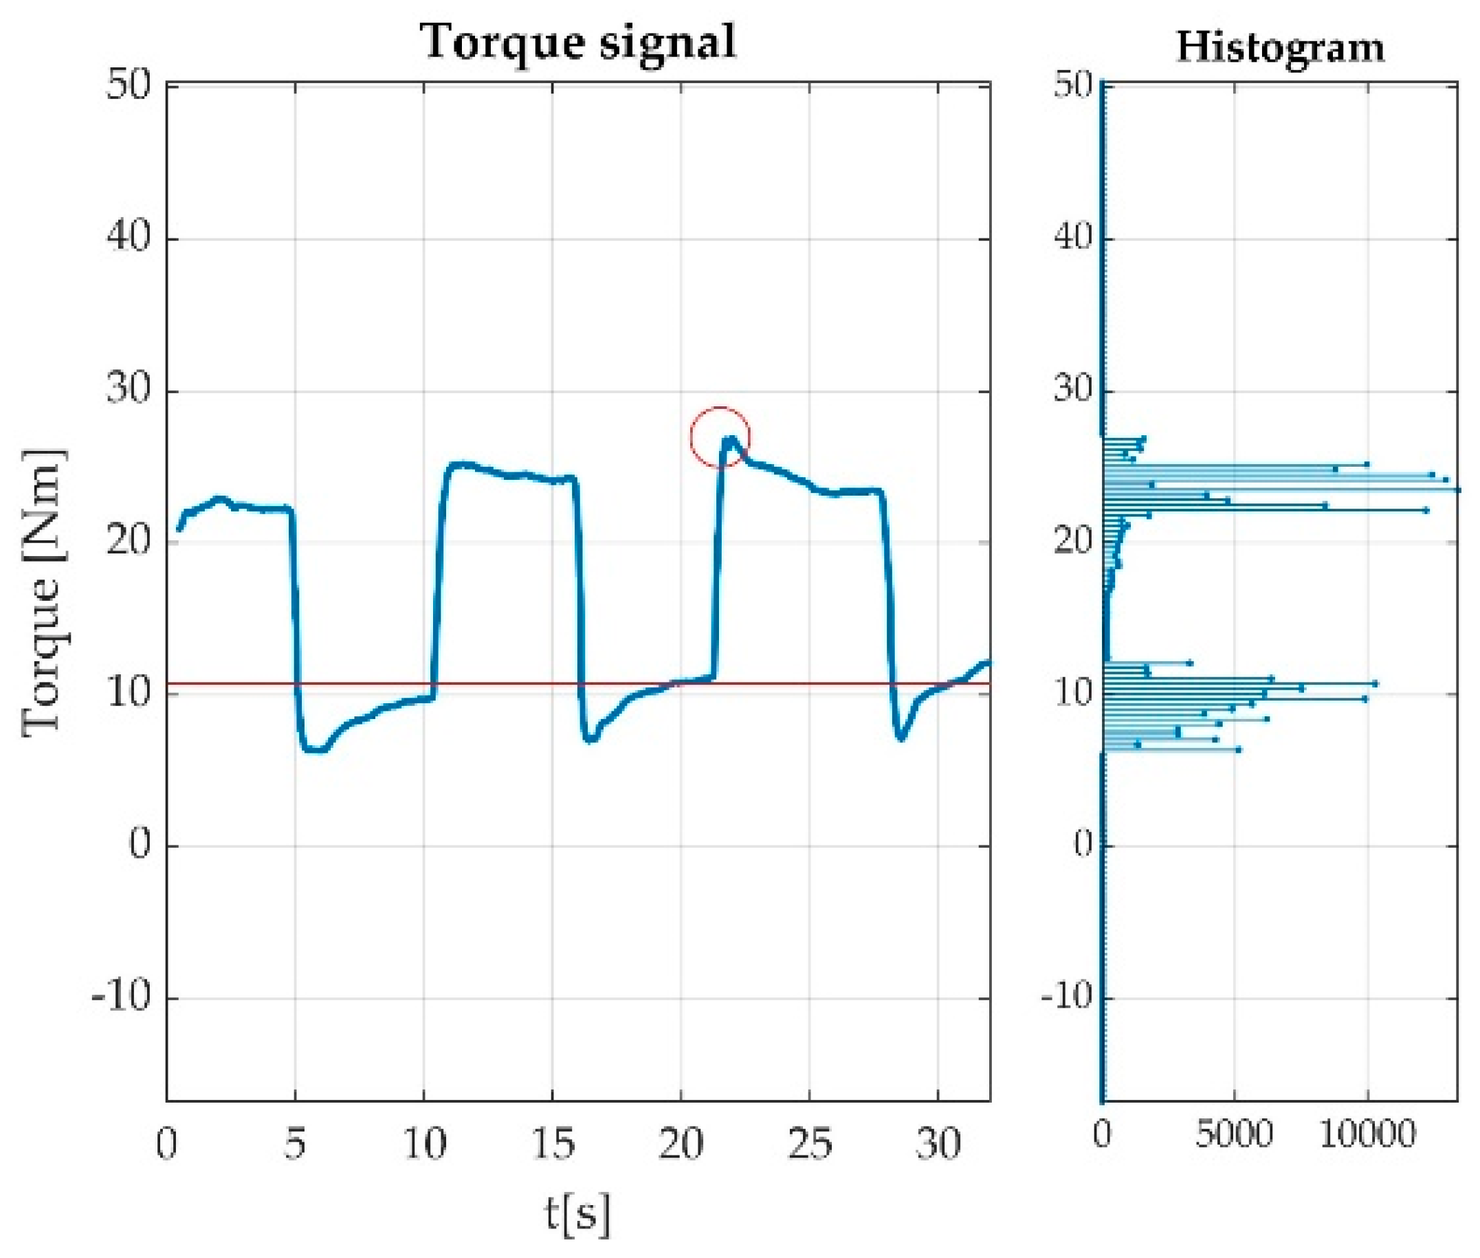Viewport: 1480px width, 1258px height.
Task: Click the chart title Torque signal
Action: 577,41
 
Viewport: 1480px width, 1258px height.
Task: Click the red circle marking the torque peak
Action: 720,437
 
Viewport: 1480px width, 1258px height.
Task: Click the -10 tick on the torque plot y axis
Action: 122,996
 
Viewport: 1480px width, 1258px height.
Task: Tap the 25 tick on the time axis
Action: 810,1144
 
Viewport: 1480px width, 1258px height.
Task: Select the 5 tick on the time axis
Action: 295,1144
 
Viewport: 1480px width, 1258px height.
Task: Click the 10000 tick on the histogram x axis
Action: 1367,1134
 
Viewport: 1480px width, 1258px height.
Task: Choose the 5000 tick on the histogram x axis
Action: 1234,1134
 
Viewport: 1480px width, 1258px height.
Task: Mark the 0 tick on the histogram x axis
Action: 1102,1134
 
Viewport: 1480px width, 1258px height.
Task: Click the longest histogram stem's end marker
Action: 1457,490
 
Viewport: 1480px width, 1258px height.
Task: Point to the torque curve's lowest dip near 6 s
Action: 314,749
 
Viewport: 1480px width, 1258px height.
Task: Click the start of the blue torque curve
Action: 179,529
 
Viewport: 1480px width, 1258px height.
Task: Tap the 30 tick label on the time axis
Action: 938,1144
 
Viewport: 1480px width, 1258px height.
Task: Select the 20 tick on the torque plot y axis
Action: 129,542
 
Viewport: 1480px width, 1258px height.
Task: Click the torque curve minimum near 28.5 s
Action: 901,738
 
